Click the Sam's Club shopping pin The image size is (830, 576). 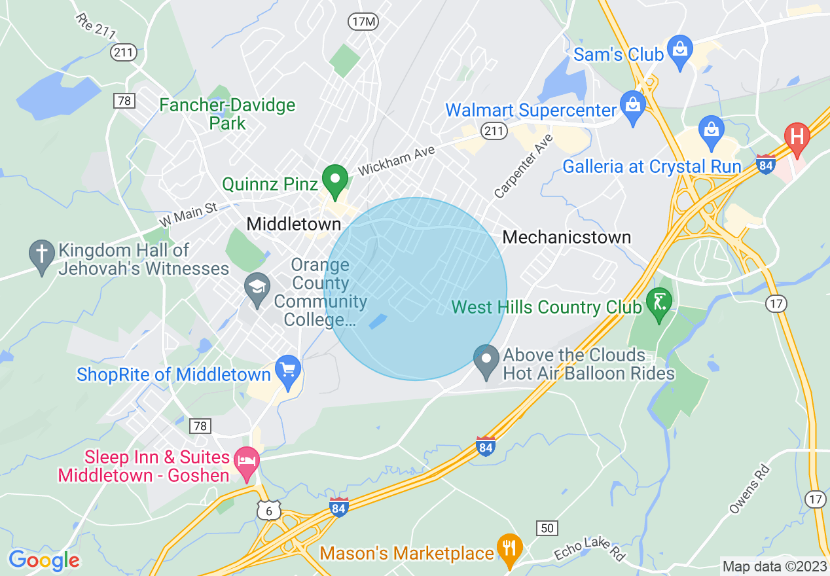[680, 50]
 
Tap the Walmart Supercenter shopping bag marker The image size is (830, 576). [633, 107]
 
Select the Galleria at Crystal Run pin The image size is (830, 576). [711, 130]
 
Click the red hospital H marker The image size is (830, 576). [797, 137]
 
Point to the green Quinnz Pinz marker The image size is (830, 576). [336, 180]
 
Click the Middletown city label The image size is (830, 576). [294, 225]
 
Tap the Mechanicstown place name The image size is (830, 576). [566, 237]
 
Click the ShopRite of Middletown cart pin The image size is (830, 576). [287, 370]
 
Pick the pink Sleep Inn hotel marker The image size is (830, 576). [247, 461]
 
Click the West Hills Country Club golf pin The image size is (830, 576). [659, 303]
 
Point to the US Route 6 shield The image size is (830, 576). [269, 511]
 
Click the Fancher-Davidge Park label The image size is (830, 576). [227, 114]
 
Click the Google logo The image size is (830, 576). [43, 560]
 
